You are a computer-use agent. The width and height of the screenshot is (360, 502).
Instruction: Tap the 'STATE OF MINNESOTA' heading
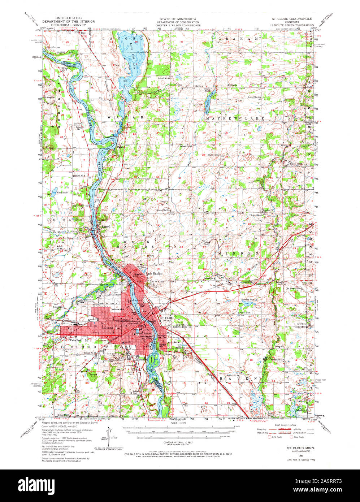coord(178,18)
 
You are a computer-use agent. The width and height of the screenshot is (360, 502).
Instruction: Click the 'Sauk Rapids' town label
coord(153,273)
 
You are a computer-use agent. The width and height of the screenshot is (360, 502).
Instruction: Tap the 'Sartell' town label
coord(105,226)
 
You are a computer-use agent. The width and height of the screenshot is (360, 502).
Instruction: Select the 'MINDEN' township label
coord(238,254)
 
